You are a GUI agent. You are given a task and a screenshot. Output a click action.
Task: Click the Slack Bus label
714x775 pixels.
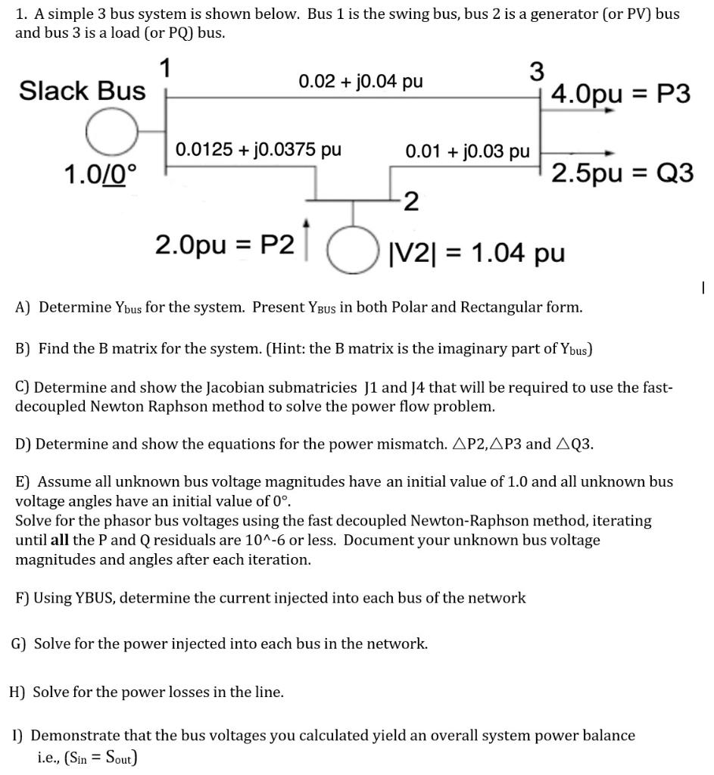(82, 91)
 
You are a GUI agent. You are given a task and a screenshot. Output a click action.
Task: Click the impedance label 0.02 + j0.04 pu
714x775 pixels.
(360, 81)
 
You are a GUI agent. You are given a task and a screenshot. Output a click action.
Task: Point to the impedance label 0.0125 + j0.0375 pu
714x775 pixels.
(258, 149)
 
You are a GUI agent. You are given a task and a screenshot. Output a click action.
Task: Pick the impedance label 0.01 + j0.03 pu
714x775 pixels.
(467, 151)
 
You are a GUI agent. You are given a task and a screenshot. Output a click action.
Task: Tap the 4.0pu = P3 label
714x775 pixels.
(621, 95)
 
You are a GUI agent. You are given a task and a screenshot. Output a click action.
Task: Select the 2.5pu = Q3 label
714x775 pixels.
(622, 173)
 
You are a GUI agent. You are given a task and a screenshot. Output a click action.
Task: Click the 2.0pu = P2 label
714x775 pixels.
(224, 245)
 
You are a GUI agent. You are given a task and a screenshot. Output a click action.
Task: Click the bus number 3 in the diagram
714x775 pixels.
(536, 72)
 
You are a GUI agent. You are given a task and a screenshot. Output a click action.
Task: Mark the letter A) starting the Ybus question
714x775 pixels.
(23, 307)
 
